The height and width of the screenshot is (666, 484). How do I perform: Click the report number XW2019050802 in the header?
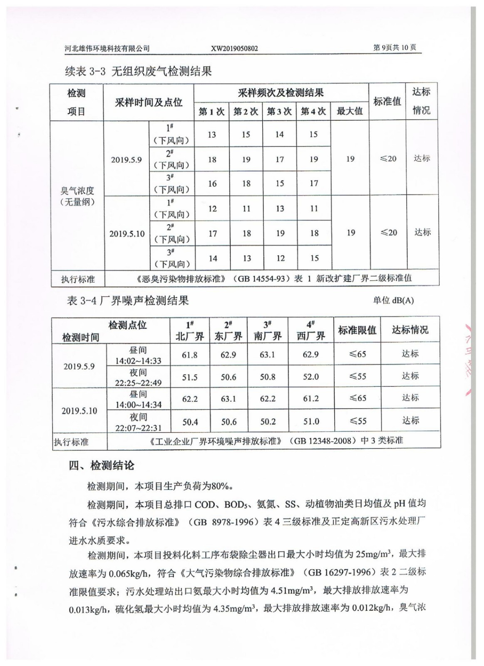pyautogui.click(x=234, y=48)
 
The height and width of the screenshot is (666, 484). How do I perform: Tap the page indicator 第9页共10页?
pyautogui.click(x=394, y=47)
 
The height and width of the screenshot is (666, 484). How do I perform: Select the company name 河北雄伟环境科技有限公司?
pyautogui.click(x=107, y=49)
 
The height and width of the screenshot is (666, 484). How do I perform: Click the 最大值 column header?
pyautogui.click(x=350, y=111)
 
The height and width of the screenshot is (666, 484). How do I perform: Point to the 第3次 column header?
pyautogui.click(x=279, y=112)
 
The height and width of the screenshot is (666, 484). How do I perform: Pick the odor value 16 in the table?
pyautogui.click(x=212, y=184)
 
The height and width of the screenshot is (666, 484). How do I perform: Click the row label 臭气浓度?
pyautogui.click(x=77, y=191)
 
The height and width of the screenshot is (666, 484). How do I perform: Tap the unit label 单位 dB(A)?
pyautogui.click(x=393, y=301)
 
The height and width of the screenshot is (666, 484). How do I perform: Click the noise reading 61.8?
pyautogui.click(x=190, y=355)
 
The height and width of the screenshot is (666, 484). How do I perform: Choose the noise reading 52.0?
pyautogui.click(x=311, y=377)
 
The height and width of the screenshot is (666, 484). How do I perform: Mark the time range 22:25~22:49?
pyautogui.click(x=138, y=383)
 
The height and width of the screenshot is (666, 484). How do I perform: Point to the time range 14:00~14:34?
pyautogui.click(x=138, y=405)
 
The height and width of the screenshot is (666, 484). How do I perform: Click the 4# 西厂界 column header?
pyautogui.click(x=311, y=331)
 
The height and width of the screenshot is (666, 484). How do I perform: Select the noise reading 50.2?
pyautogui.click(x=268, y=422)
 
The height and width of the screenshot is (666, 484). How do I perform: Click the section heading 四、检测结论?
pyautogui.click(x=102, y=465)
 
